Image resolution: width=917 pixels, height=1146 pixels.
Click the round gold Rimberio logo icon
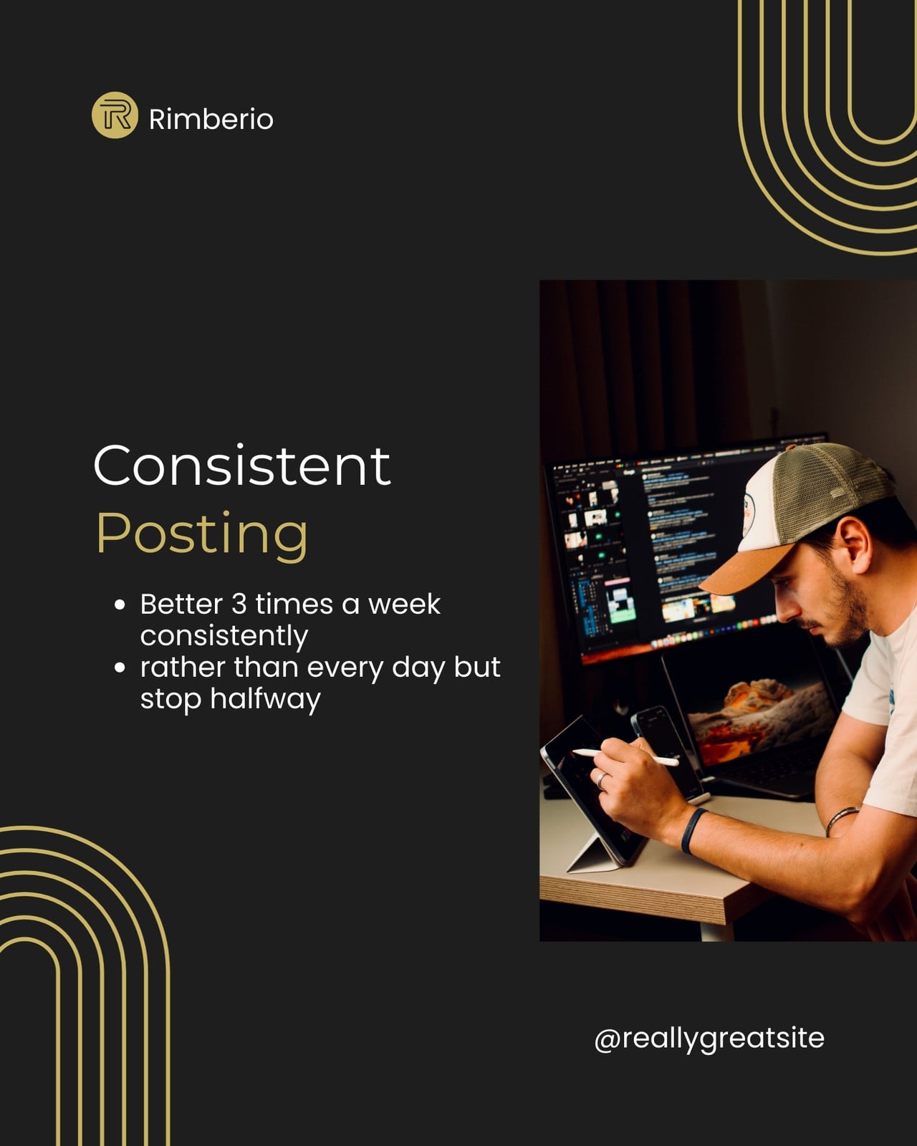[x=115, y=115]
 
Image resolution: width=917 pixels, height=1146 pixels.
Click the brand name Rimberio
[x=211, y=120]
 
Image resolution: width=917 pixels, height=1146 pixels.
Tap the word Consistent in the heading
[x=242, y=466]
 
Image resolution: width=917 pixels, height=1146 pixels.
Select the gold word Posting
[x=202, y=535]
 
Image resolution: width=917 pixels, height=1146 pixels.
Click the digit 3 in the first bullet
[x=239, y=605]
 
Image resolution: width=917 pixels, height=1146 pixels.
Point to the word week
[x=405, y=605]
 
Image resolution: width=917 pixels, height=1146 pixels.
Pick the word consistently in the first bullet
[x=224, y=637]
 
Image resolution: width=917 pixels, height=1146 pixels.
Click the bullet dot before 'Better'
[x=120, y=605]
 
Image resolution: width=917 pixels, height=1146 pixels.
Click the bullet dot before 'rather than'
[x=120, y=668]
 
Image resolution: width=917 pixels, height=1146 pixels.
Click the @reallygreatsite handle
[x=709, y=1038]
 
